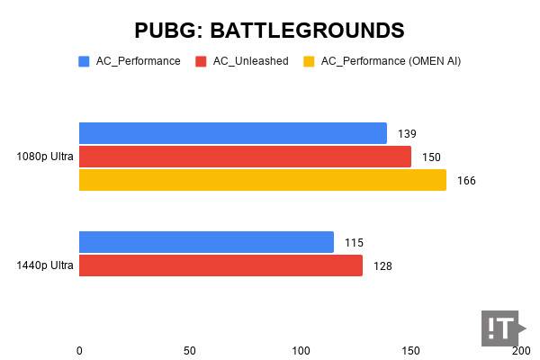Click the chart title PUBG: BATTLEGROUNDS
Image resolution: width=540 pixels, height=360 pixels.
pos(269,30)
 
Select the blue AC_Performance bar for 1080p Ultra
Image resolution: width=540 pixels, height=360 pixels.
pos(232,133)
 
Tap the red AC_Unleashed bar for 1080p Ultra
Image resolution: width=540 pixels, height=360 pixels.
pos(245,157)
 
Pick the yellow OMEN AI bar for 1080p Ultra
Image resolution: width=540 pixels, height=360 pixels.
pos(262,180)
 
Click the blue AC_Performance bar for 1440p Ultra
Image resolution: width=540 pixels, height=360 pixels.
pos(206,242)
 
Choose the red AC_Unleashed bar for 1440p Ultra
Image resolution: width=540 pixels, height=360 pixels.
pos(220,265)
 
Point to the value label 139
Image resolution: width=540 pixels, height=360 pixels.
pos(408,134)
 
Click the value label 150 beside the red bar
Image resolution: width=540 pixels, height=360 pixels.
pos(431,157)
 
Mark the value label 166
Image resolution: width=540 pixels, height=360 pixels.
pos(466,181)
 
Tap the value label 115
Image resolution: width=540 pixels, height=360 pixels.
pos(354,243)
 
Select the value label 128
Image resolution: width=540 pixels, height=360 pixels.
pos(382,266)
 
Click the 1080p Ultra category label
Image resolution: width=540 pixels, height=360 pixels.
pos(45,157)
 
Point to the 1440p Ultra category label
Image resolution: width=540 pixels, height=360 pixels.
pos(45,265)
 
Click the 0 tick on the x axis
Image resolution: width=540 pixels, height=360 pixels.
pos(79,349)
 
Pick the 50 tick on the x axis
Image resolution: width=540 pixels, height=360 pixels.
pos(190,349)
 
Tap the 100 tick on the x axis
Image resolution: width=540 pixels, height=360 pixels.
pos(301,349)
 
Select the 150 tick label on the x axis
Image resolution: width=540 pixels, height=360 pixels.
pos(410,349)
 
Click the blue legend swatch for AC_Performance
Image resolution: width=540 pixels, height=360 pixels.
pos(84,61)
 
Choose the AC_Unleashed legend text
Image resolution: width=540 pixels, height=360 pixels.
pos(250,61)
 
